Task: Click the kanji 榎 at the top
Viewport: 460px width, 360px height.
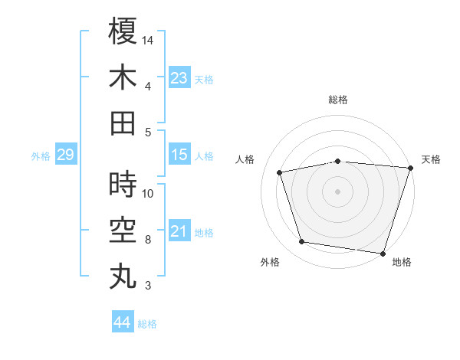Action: coord(123,31)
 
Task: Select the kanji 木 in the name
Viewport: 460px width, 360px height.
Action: coord(123,77)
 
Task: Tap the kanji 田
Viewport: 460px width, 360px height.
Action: coord(123,123)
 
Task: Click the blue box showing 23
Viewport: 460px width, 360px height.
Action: coord(179,77)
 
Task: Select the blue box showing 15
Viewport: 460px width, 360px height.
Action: coord(179,155)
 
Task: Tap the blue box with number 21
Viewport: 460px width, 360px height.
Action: coord(179,231)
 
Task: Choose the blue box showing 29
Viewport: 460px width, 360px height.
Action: coord(65,155)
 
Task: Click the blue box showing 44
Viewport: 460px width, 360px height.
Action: coord(122,322)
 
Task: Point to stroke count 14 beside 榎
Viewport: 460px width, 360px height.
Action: coord(148,40)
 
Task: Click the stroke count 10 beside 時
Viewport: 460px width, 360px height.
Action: coord(148,193)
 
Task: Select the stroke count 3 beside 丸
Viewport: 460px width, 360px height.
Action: coord(147,286)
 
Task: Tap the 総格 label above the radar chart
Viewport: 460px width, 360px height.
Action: coord(337,100)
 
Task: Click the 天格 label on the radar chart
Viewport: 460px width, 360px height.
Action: coord(431,159)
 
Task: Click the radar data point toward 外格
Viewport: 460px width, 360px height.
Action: coord(302,242)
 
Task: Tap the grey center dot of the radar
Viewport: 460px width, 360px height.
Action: coord(337,191)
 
